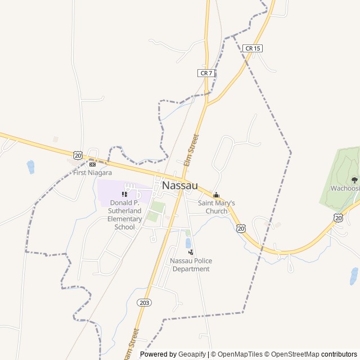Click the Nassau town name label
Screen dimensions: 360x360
tap(179, 185)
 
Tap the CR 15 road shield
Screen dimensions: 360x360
tap(253, 48)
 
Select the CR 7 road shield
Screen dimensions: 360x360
tap(206, 73)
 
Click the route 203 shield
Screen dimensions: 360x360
tap(144, 303)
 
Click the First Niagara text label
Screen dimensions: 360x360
tap(92, 173)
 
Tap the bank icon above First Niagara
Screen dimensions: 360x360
tap(92, 164)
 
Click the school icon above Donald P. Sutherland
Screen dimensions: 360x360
tap(124, 194)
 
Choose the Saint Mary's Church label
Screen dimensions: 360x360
tap(216, 207)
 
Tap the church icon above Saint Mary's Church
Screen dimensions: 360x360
tap(216, 195)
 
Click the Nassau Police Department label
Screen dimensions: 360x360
tap(191, 265)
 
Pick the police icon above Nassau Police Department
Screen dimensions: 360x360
tap(191, 252)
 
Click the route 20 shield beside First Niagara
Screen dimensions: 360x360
tap(78, 155)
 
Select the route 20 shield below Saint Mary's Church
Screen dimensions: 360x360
tap(241, 228)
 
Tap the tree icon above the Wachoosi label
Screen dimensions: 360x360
tap(354, 180)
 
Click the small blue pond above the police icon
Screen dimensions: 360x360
tap(188, 243)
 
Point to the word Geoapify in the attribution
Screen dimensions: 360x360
tap(193, 354)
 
